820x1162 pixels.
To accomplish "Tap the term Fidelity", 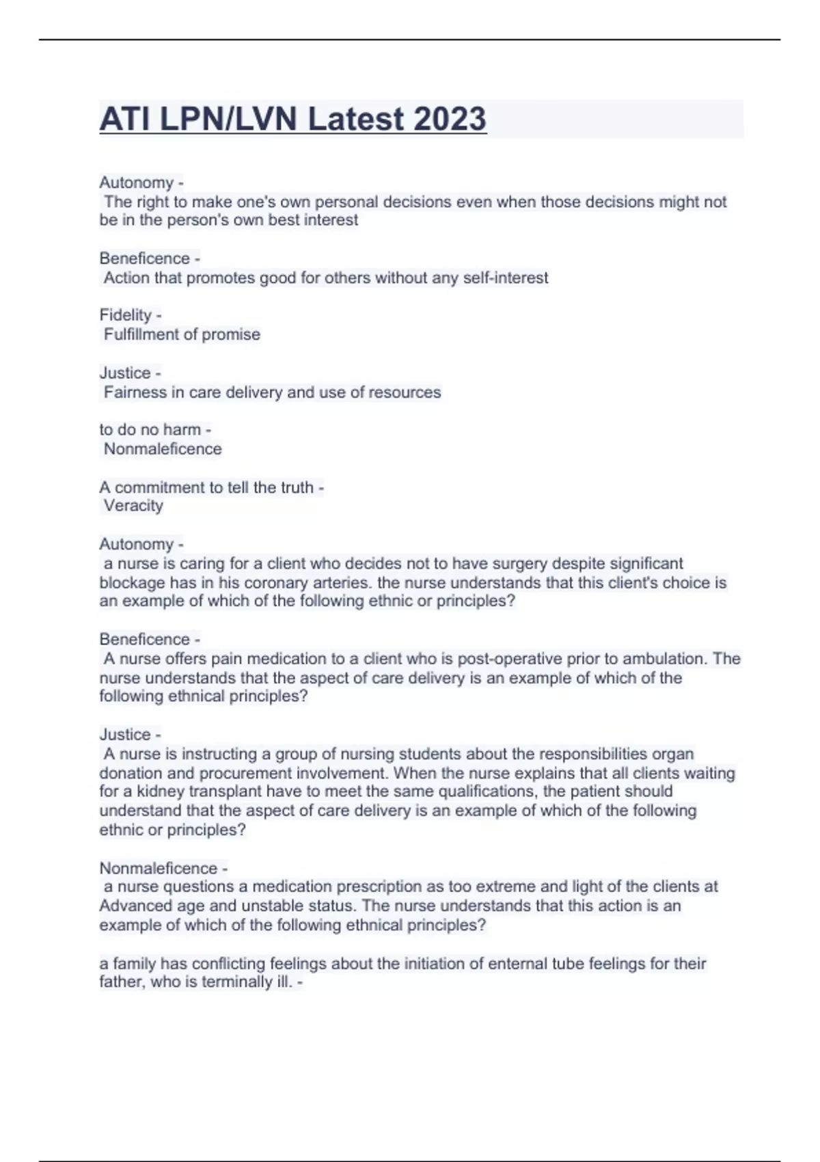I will tap(125, 315).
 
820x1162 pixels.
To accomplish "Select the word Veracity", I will tap(133, 506).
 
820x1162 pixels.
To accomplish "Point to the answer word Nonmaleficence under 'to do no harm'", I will tap(163, 449).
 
